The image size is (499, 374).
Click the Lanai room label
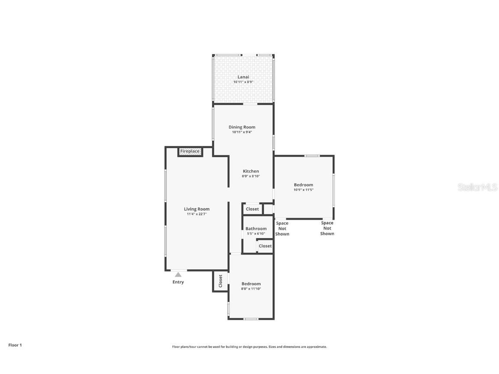point(243,77)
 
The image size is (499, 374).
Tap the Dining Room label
point(242,127)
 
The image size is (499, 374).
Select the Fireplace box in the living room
point(190,151)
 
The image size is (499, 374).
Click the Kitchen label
point(250,171)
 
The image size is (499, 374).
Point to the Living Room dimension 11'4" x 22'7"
point(197,214)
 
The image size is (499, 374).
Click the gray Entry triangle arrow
point(178,274)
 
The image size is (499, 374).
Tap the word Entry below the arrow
point(178,282)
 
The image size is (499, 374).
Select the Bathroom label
point(256,229)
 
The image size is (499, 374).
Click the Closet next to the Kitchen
point(252,209)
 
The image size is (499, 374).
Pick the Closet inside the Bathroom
point(265,246)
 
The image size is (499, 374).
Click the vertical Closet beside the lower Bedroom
point(220,280)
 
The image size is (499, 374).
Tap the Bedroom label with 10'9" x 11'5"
point(303,185)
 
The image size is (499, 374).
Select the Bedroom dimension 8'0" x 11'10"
point(251,289)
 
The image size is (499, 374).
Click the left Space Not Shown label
point(282,229)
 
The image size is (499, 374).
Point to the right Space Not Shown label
point(327,228)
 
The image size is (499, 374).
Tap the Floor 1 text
point(15,345)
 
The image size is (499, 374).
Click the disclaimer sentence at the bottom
point(249,347)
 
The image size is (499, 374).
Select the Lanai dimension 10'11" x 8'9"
point(243,82)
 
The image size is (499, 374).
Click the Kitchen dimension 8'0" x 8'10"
point(250,176)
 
